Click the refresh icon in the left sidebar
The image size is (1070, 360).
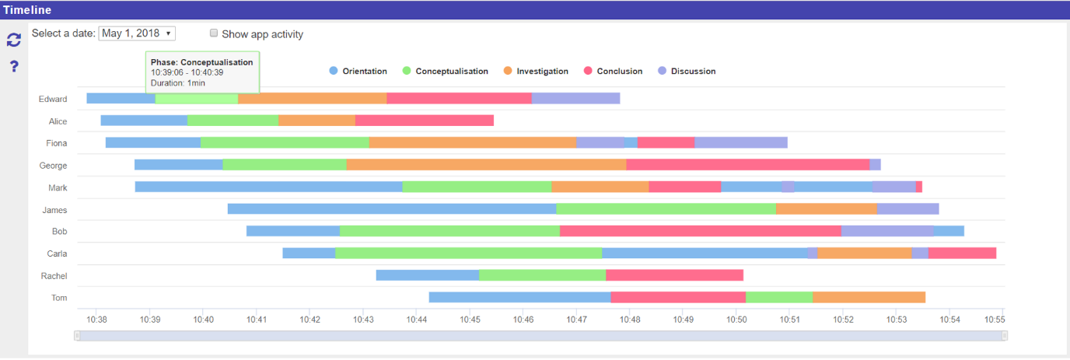pyautogui.click(x=13, y=40)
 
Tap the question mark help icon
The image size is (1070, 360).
pyautogui.click(x=13, y=66)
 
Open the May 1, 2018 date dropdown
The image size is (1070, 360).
pyautogui.click(x=137, y=33)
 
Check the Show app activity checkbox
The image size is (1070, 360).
pyautogui.click(x=214, y=33)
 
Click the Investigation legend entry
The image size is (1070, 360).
pyautogui.click(x=535, y=71)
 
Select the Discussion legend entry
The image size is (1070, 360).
pyautogui.click(x=687, y=71)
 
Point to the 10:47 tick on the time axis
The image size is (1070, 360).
pyautogui.click(x=576, y=319)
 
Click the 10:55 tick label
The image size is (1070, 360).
pyautogui.click(x=995, y=319)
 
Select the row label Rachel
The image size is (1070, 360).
pyautogui.click(x=54, y=276)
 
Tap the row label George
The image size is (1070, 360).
pyautogui.click(x=53, y=166)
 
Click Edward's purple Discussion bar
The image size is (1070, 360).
pyautogui.click(x=575, y=99)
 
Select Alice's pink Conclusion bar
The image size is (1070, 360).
pyautogui.click(x=424, y=121)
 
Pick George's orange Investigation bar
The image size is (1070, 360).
pyautogui.click(x=486, y=165)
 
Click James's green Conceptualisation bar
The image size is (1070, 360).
pyautogui.click(x=666, y=208)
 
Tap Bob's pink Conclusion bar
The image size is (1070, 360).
pyautogui.click(x=700, y=231)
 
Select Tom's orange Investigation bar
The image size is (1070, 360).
pyautogui.click(x=869, y=297)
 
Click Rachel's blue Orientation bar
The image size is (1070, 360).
pyautogui.click(x=427, y=275)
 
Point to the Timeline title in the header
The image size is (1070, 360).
pyautogui.click(x=26, y=10)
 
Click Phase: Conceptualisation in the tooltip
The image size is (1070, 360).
pyautogui.click(x=201, y=62)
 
